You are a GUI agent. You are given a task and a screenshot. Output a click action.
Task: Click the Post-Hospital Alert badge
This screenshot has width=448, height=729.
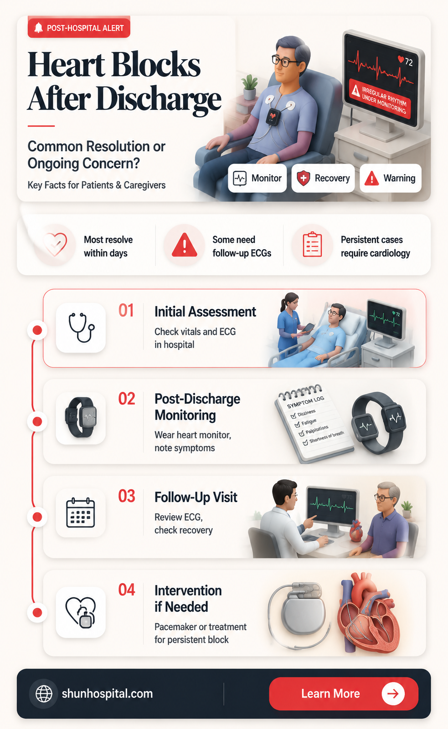point(79,28)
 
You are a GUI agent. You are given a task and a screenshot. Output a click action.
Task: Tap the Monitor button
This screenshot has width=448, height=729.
point(257,178)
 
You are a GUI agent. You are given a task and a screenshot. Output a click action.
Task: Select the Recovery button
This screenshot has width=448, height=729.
point(323,178)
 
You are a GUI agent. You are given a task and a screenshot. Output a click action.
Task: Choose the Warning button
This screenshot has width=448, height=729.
point(391,178)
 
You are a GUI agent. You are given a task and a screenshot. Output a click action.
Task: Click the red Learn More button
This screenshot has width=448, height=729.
point(344,693)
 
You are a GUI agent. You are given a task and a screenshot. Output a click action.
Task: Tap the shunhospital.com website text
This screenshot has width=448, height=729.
point(107,693)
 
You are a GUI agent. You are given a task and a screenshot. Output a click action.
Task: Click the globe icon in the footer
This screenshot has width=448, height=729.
point(44,693)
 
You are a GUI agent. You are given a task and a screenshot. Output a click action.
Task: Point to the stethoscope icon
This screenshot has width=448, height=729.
point(81,328)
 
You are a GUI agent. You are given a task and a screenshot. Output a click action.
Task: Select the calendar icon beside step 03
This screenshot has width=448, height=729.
point(80,513)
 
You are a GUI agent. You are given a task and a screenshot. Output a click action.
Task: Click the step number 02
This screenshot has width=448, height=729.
point(127,399)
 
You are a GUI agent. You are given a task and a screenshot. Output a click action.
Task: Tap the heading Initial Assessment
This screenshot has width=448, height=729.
point(205,312)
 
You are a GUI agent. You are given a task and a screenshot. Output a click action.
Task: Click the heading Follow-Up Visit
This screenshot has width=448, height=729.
point(196,497)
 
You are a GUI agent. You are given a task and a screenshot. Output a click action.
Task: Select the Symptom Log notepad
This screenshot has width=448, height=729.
point(314,422)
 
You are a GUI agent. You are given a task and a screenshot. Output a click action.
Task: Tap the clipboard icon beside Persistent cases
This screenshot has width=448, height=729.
point(312,244)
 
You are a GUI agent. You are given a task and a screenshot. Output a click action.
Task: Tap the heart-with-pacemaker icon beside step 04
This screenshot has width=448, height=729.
point(81,612)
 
